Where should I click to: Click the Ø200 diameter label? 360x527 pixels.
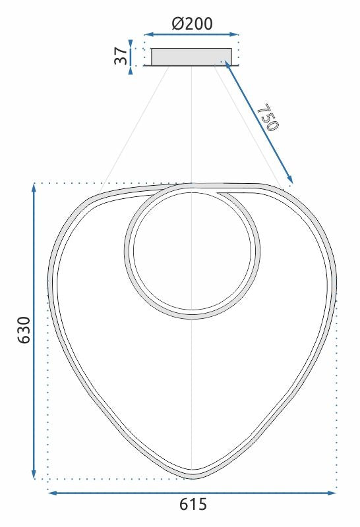click(192, 24)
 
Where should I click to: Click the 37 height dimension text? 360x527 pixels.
click(120, 55)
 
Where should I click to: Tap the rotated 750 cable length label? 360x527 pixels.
click(267, 118)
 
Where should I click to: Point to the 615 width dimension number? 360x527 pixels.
click(193, 505)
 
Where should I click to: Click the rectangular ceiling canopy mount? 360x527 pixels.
click(191, 57)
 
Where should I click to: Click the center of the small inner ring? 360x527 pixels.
click(192, 251)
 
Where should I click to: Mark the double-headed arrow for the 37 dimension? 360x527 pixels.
click(131, 55)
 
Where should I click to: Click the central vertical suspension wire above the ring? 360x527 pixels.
click(191, 125)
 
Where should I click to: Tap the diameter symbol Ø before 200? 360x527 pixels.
click(177, 24)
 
